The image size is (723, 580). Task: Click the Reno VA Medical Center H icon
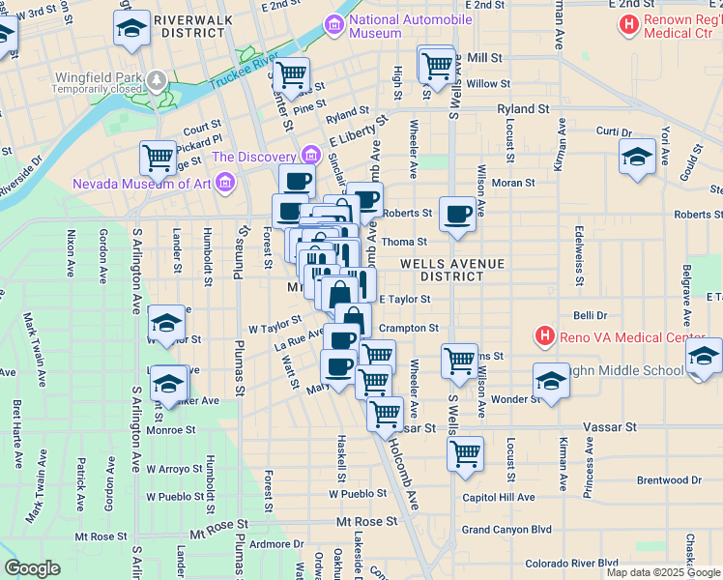[545, 336]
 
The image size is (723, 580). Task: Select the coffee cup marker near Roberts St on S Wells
[457, 215]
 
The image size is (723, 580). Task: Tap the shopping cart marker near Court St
[158, 158]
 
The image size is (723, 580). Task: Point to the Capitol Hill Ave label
[498, 498]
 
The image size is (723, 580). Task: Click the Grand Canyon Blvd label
[506, 530]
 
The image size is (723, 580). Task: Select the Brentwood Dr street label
[669, 480]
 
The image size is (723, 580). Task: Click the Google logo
[32, 568]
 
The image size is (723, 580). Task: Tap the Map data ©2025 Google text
[663, 572]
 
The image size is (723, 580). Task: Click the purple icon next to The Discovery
[310, 155]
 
